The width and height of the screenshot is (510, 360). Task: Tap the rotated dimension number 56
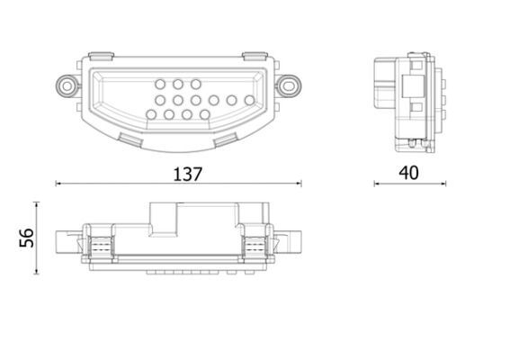[x=26, y=238]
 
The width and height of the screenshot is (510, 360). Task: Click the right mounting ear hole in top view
[x=289, y=84]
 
